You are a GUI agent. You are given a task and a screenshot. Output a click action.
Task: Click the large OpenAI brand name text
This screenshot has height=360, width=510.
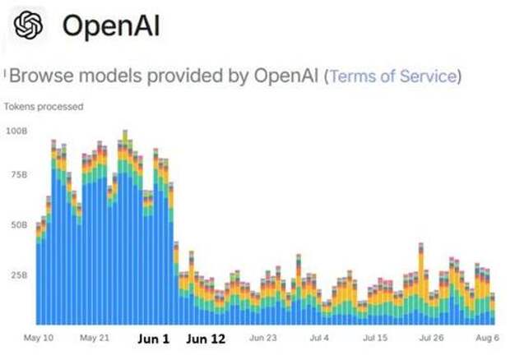tap(111, 26)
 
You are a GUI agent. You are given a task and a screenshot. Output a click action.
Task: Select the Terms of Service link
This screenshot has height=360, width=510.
tap(392, 76)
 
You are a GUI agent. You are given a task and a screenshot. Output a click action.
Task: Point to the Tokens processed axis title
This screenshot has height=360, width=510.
tap(44, 106)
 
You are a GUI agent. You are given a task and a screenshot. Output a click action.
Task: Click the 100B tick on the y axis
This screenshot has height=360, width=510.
tap(16, 131)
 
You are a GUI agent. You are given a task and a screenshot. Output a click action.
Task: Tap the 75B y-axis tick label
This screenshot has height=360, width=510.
tap(18, 175)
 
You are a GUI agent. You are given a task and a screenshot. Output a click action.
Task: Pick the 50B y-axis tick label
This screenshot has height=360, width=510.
tap(18, 224)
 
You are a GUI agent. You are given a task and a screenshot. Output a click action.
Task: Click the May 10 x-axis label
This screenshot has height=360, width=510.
tap(39, 337)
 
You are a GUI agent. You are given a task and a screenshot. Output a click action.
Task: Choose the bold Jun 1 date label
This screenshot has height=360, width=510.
tap(152, 338)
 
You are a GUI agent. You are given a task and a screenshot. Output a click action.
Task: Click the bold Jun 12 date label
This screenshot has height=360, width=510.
tap(206, 338)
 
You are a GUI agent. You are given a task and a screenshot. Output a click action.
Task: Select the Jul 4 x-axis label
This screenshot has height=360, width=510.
tap(321, 337)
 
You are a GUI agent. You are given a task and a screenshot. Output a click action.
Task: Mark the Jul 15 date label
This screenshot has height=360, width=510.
tap(377, 337)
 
